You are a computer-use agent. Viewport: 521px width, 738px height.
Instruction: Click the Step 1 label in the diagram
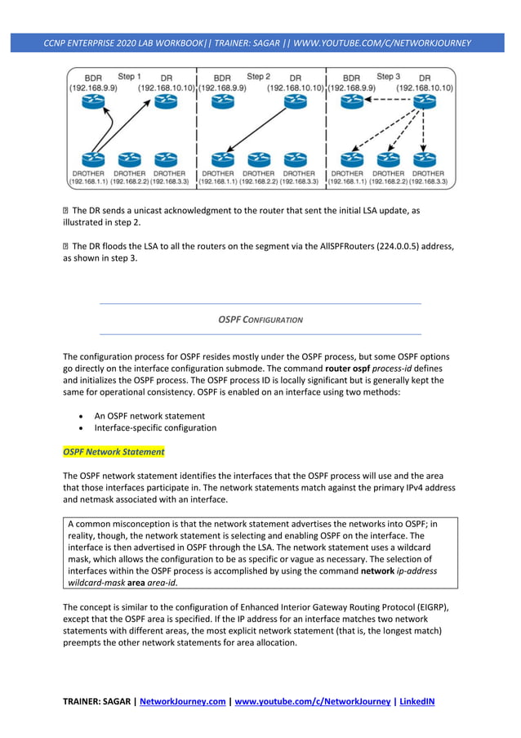(129, 77)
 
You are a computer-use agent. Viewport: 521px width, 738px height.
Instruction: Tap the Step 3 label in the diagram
(388, 77)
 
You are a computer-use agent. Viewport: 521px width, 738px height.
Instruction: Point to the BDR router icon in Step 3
(352, 101)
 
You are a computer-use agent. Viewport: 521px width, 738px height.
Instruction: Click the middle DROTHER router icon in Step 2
(259, 159)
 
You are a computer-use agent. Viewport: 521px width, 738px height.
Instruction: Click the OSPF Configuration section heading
(260, 320)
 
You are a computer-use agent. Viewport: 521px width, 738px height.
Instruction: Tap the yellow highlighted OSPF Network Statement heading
(114, 451)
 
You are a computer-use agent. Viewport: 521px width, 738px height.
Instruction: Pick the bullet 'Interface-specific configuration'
(155, 427)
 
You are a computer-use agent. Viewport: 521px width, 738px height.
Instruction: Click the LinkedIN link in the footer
(413, 700)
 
